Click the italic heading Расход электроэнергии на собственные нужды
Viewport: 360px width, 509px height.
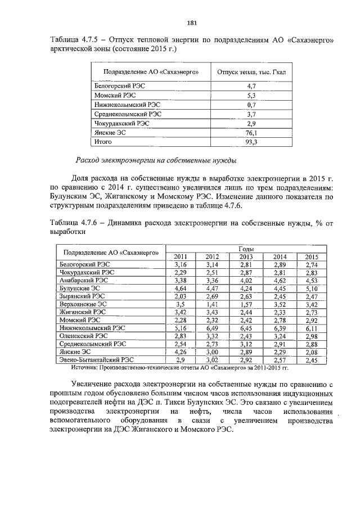pyautogui.click(x=156, y=159)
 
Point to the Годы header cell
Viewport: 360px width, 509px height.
pyautogui.click(x=246, y=249)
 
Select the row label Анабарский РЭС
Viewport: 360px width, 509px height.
pyautogui.click(x=84, y=279)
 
